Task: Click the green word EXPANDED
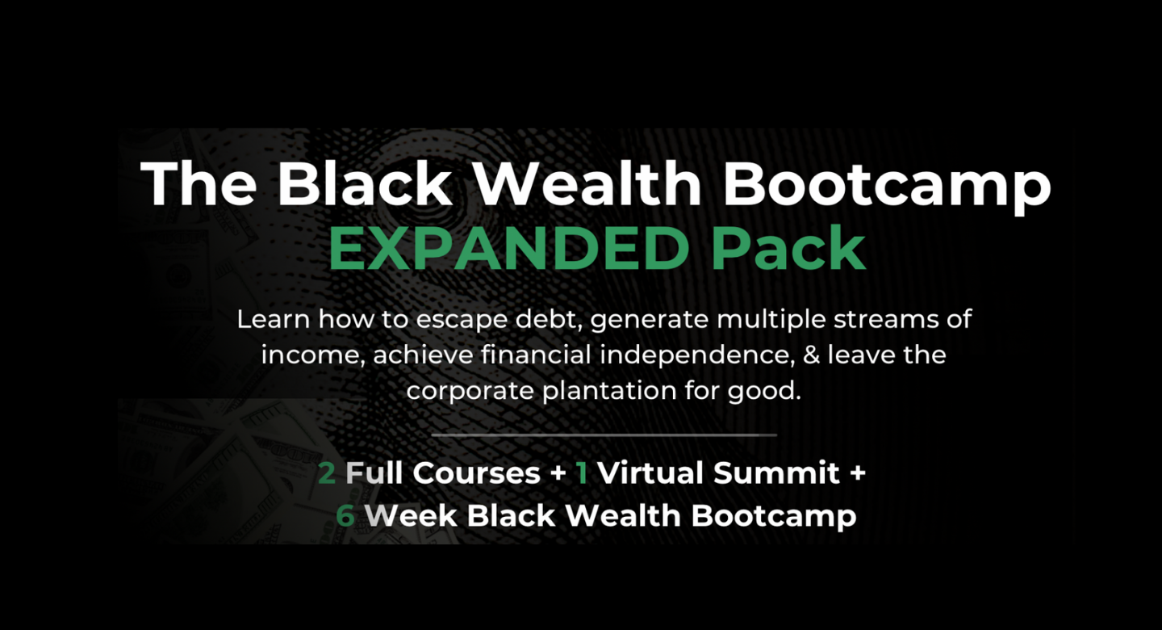509,249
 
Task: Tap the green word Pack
788,249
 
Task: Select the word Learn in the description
274,319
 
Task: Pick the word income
312,355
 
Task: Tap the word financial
536,355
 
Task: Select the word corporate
470,392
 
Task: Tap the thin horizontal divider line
604,435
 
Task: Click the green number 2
326,473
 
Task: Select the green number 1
582,473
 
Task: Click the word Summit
776,473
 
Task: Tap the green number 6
345,516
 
